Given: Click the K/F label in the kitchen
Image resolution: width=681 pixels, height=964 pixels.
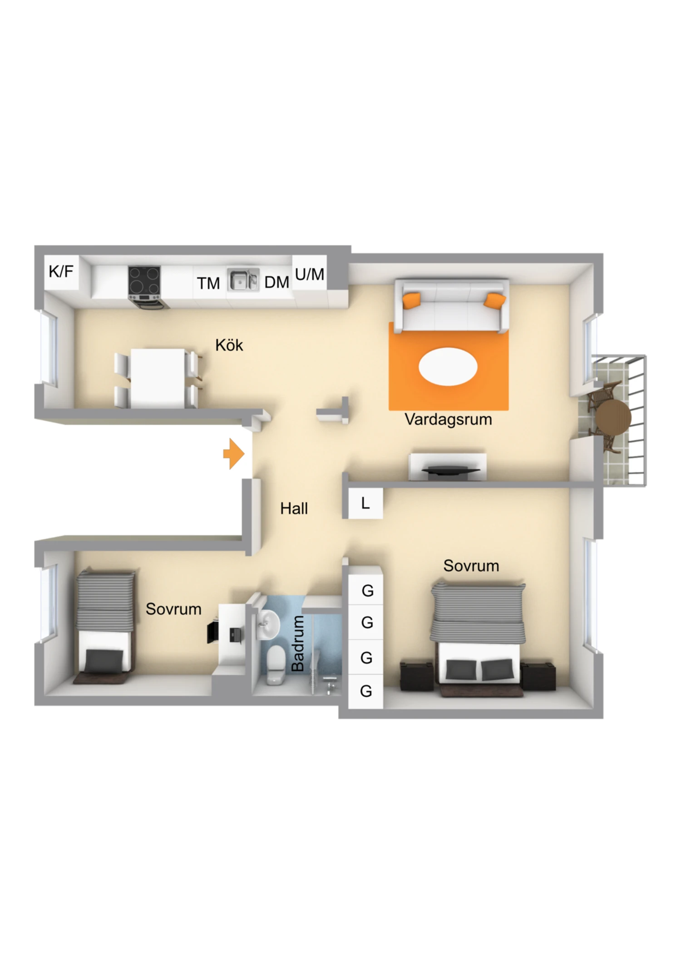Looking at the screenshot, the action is point(61,271).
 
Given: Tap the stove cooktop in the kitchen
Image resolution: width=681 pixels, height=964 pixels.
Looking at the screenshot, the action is point(144,280).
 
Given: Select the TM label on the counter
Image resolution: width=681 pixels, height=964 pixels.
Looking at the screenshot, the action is point(208,283).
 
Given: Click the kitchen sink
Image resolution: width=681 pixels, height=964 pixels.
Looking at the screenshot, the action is point(243,279).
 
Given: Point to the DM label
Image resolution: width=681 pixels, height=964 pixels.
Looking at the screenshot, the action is point(276,282).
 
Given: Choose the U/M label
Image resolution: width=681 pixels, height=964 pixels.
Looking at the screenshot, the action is point(310,274).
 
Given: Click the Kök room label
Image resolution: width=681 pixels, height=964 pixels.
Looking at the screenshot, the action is point(229,345).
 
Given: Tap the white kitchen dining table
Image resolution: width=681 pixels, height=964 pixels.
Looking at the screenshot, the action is point(158,378).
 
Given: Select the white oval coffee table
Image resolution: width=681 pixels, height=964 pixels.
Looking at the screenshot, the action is point(448,366).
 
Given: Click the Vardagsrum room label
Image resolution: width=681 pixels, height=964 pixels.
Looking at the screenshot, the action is point(448,419).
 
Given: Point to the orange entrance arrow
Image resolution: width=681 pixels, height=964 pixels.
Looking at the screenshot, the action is point(234,454).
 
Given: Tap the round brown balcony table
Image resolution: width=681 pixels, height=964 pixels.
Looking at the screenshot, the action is point(613,417).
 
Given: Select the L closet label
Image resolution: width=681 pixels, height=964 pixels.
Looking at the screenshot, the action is point(365,503).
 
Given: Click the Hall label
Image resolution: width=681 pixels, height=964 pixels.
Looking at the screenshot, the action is point(294,508).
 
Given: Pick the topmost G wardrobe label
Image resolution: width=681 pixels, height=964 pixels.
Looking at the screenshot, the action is point(367,590).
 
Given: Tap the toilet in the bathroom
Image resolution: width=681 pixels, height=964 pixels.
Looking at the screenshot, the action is point(276,666).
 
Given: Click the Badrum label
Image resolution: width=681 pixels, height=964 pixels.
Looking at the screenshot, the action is point(297,644).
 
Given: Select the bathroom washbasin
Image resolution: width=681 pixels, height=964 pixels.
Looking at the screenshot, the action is point(269,624).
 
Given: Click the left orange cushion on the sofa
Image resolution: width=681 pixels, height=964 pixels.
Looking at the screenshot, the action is point(412,300).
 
